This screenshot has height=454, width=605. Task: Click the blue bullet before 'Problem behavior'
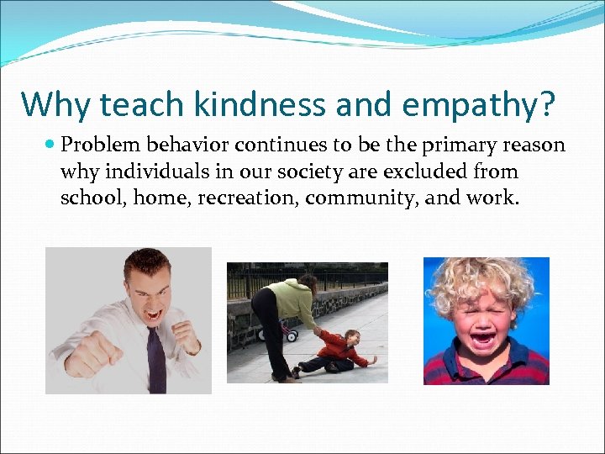pyautogui.click(x=50, y=145)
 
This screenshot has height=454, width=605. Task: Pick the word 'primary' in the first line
pyautogui.click(x=455, y=145)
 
